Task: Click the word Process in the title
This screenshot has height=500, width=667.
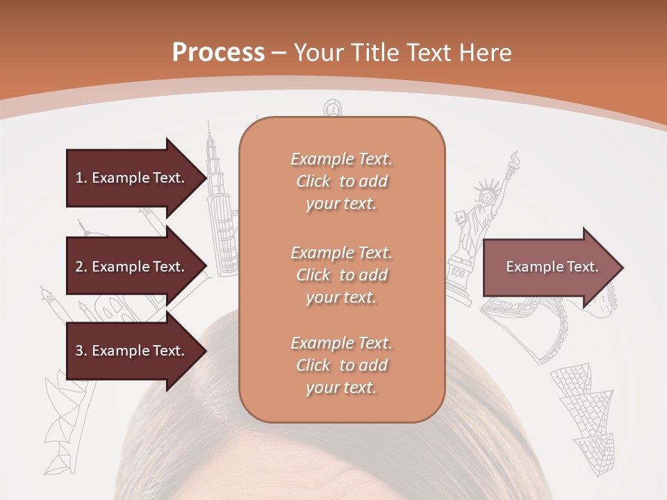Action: point(218,52)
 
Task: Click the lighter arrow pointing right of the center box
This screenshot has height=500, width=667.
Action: point(552,267)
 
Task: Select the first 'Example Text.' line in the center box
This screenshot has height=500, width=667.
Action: point(341,159)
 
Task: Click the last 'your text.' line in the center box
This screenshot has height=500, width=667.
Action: point(341,387)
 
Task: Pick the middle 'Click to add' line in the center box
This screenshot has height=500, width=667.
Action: point(341,275)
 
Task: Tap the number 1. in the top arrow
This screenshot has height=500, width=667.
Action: point(81,178)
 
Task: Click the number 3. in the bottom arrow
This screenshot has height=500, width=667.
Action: point(81,351)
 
